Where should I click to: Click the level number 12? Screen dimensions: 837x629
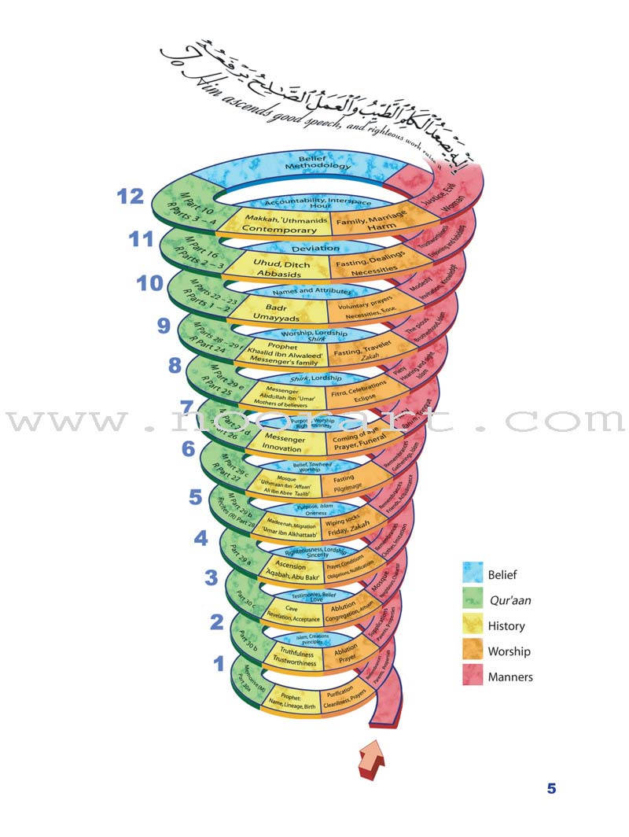(x=131, y=197)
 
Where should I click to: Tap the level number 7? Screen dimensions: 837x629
(x=187, y=407)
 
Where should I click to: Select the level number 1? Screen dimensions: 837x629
(x=219, y=664)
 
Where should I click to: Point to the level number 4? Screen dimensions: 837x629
(x=200, y=538)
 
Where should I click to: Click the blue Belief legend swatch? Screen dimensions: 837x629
(x=472, y=575)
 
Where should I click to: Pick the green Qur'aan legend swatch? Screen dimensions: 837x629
(x=472, y=600)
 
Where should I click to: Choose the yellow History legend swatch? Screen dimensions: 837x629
(x=472, y=626)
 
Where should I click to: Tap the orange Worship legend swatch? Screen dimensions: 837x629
(x=472, y=651)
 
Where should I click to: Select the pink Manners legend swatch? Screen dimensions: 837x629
(x=472, y=677)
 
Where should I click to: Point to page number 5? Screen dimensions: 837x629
(x=551, y=788)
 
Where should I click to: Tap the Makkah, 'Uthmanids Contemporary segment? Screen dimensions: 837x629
(x=272, y=223)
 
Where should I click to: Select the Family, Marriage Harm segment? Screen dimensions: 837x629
(x=370, y=223)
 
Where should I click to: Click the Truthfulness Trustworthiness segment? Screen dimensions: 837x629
(x=294, y=657)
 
